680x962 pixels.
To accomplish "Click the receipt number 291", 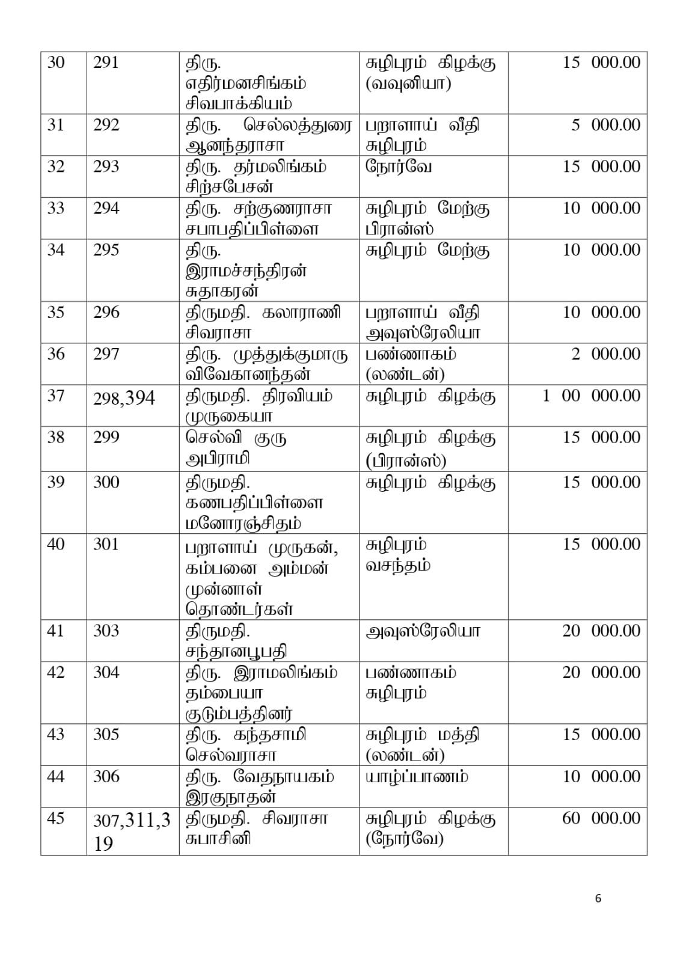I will point(106,63).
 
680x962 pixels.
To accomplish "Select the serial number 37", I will point(56,396).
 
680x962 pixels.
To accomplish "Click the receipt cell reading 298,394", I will point(124,397).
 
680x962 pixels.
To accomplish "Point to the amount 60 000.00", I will point(601,818).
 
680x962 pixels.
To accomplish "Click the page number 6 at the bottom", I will point(598,899).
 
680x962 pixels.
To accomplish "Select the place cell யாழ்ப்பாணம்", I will point(417,777).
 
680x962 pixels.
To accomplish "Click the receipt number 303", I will point(106,631).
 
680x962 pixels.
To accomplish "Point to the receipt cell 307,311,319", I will point(131,831).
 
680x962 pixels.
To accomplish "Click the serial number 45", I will point(56,818).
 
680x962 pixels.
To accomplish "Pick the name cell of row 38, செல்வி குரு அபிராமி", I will point(236,448).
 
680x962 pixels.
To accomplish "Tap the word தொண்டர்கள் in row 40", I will point(239,609).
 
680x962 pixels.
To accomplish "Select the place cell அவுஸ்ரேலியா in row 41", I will point(423,631).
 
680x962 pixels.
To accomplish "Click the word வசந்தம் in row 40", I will point(397,565).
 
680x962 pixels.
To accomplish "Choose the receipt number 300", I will point(106,482).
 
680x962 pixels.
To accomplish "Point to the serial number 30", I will point(56,63).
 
